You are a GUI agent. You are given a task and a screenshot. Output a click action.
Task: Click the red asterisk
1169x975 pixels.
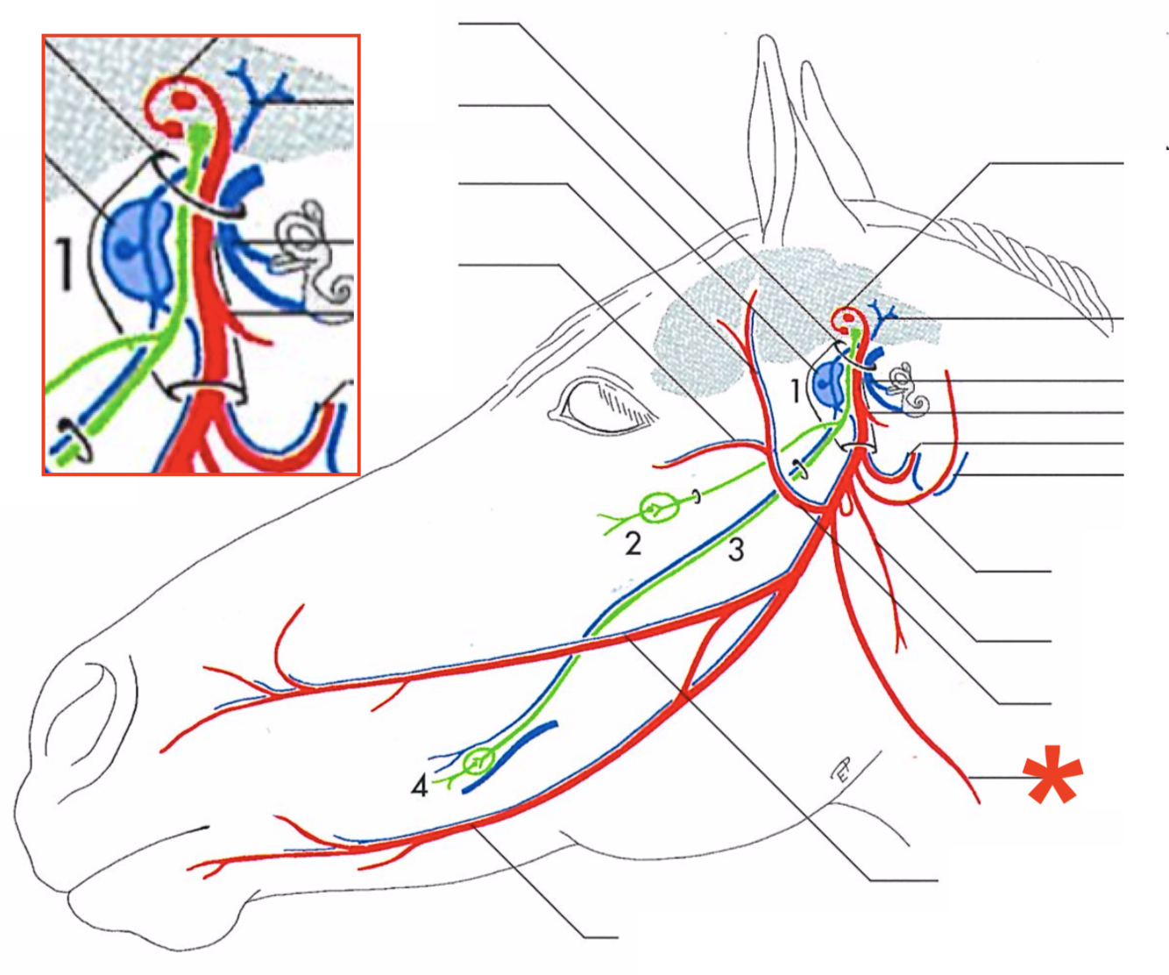point(1053,775)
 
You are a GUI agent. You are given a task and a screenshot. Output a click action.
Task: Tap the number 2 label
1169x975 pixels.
point(633,544)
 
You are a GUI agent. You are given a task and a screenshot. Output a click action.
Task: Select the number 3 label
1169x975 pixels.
point(736,550)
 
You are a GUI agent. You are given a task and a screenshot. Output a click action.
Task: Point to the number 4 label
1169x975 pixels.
point(420,786)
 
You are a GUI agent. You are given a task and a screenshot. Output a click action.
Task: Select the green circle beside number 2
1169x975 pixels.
point(655,508)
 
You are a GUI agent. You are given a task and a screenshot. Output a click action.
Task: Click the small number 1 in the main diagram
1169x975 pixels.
point(795,390)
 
